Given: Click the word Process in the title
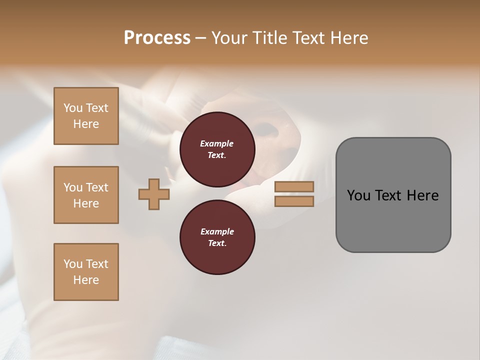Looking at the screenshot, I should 157,38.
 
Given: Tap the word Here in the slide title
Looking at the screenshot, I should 349,38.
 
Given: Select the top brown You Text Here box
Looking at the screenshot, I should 86,116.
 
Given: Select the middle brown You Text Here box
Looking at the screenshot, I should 86,195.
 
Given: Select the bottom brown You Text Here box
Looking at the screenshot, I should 86,272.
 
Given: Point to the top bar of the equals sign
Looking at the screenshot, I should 294,186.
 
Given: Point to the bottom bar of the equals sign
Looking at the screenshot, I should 294,201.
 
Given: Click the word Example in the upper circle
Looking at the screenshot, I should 217,143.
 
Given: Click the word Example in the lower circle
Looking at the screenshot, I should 217,231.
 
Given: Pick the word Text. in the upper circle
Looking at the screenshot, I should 217,155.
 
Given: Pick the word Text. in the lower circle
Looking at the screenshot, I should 217,243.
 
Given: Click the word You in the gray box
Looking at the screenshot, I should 358,195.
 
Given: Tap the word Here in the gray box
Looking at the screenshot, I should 422,195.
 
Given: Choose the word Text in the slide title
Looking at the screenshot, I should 308,38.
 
